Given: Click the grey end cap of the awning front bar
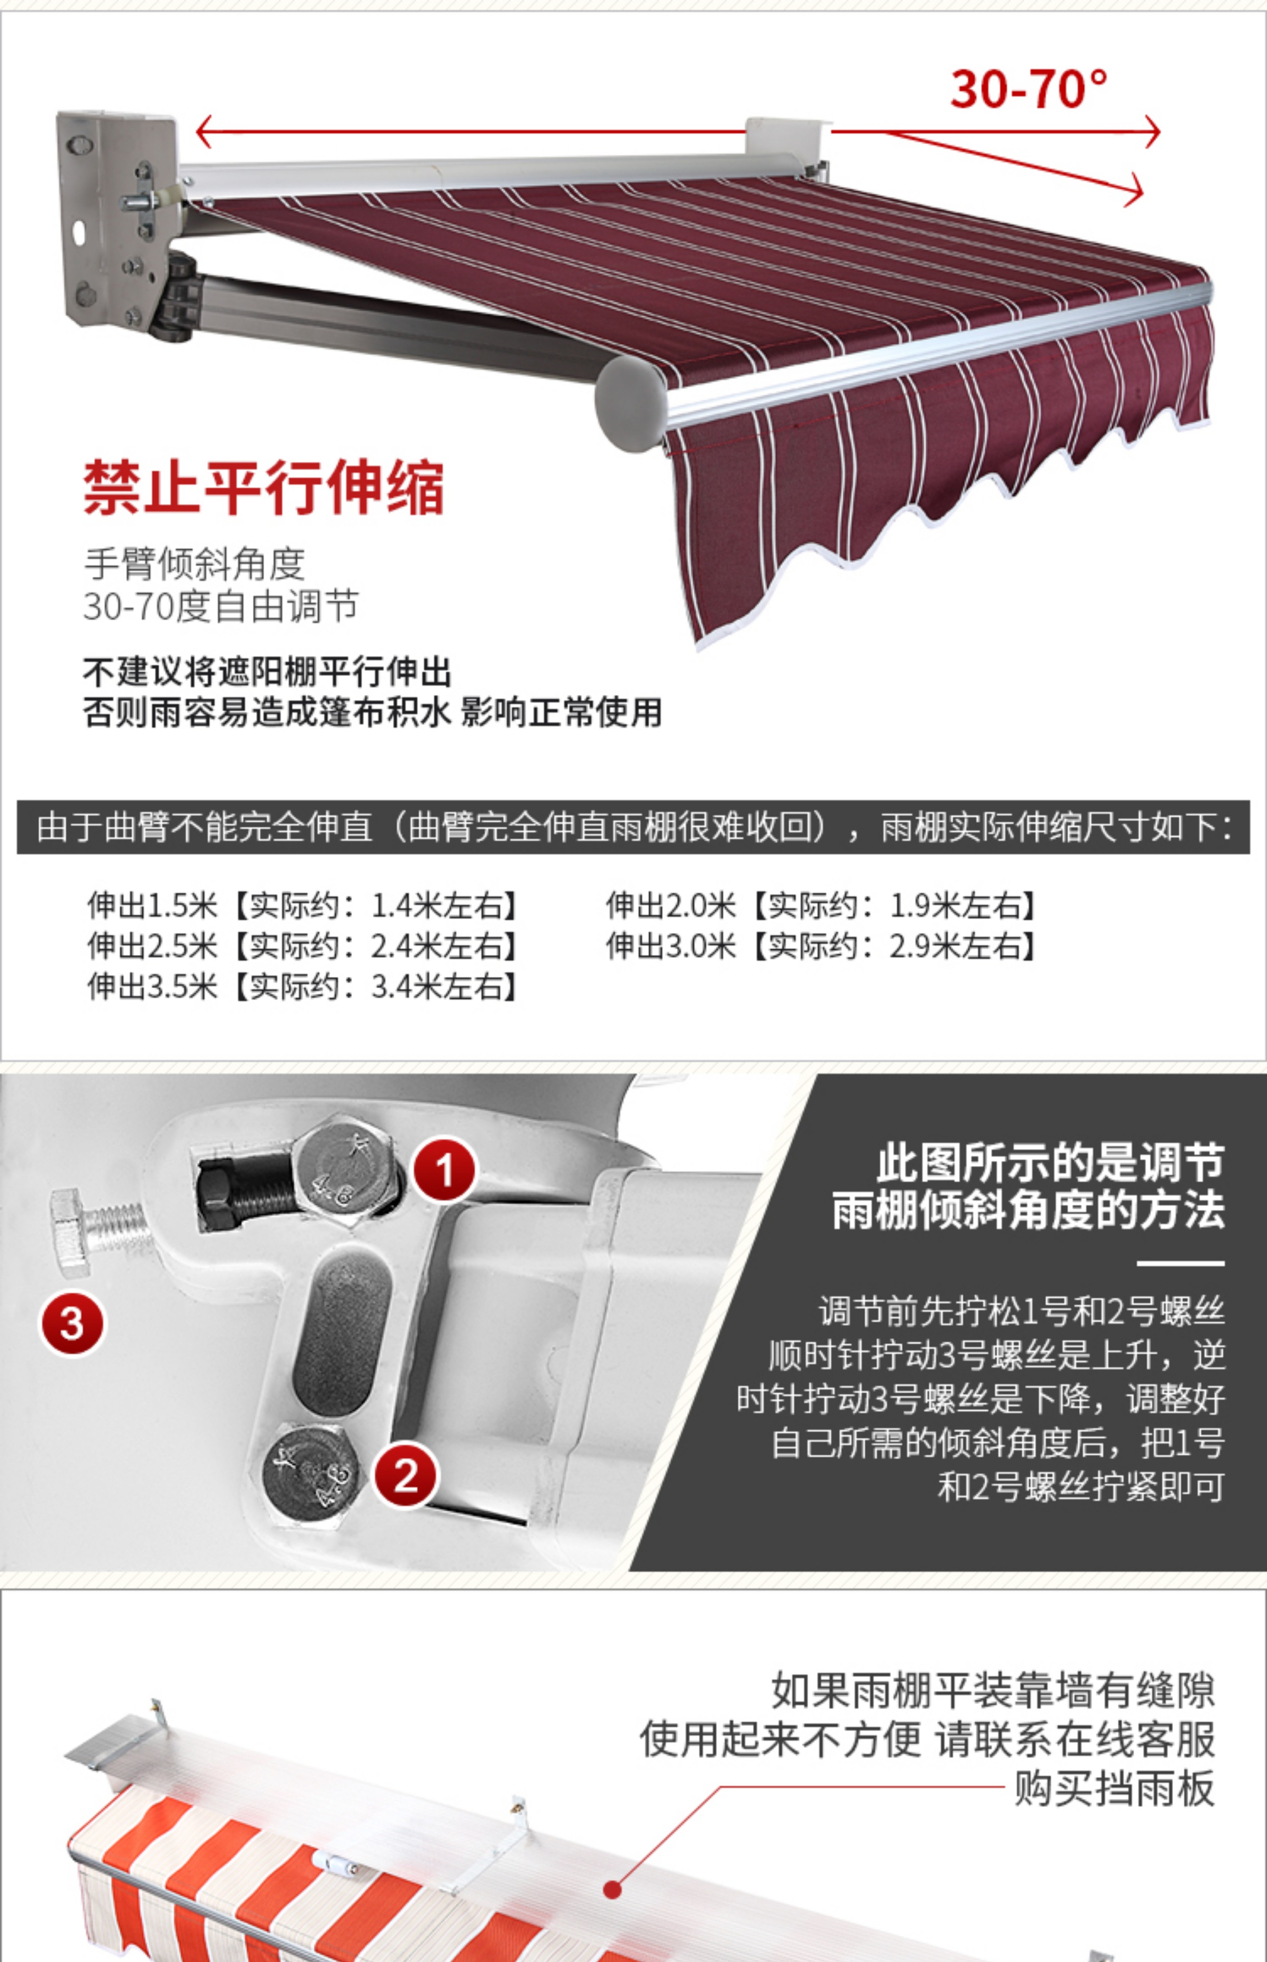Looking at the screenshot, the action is click(632, 403).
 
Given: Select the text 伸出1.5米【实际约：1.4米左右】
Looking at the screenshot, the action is click(303, 906).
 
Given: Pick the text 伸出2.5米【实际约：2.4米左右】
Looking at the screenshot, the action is click(303, 946).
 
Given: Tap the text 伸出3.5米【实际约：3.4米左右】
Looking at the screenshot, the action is click(303, 986).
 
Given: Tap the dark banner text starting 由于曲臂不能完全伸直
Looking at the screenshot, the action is click(633, 827).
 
